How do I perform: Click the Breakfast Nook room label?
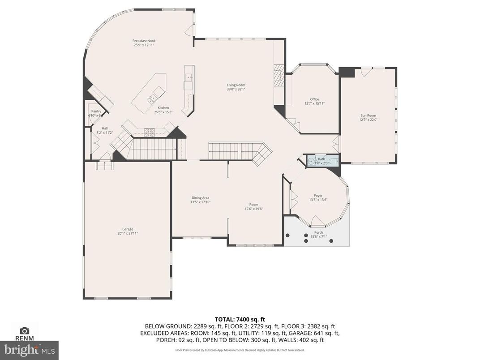coord(144,41)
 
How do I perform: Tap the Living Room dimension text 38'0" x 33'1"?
coord(236,89)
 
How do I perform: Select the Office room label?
coord(314,99)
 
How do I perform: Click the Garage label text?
coord(128,229)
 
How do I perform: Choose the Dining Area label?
coord(200,198)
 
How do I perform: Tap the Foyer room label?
coord(318,196)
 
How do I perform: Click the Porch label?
coord(318,232)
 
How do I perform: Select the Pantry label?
coord(96,111)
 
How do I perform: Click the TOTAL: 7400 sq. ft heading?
coord(240,319)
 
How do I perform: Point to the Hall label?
coord(105,129)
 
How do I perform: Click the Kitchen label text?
coord(163,108)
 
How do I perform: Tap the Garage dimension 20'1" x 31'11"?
coord(128,233)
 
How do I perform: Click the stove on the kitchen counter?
coord(150,131)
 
